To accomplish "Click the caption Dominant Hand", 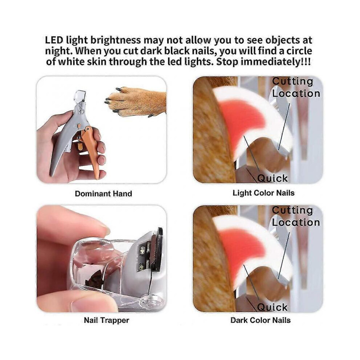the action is tap(103, 193).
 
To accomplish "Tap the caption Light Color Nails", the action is tap(264, 193).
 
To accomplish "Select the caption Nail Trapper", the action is tap(107, 320).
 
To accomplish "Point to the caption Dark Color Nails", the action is tap(261, 320).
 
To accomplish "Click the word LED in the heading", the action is tap(54, 40).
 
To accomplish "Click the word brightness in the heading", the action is tap(116, 40).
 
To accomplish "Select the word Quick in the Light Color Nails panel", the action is tap(272, 178).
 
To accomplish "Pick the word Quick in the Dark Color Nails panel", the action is tap(272, 307).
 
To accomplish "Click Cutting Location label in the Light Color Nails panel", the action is tap(296, 88).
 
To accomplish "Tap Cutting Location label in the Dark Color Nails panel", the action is tap(296, 216).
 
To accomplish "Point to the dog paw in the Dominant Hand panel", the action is tap(136, 101).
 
